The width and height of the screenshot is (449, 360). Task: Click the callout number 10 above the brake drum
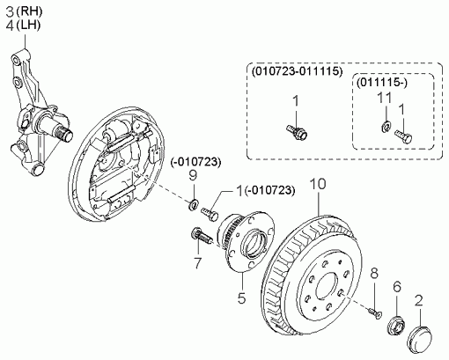coord(318,184)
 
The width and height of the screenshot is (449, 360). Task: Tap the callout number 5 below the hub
coord(241,298)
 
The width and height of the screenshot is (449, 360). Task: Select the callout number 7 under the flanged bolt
coord(198,263)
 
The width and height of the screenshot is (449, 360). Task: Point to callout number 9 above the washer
coord(193,175)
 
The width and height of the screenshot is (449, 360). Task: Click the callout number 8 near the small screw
coord(374,273)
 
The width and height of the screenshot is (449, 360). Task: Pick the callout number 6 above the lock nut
coord(397,286)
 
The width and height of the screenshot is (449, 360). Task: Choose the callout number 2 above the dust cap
coord(419,301)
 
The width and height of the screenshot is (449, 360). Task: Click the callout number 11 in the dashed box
coord(385,99)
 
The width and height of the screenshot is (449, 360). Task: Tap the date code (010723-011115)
coord(297,71)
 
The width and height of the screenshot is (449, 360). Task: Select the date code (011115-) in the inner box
coord(382,83)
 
